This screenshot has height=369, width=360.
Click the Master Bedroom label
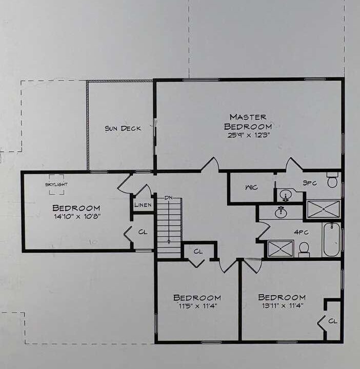(x=248, y=122)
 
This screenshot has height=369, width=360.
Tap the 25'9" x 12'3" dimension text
(x=248, y=135)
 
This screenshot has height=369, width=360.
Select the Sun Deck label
(x=123, y=129)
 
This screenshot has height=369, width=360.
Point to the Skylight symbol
(x=56, y=184)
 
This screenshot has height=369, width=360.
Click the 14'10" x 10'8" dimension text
(x=77, y=216)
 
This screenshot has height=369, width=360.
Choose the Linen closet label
(x=143, y=205)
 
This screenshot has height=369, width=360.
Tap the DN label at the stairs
(x=168, y=198)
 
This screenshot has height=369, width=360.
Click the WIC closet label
(x=252, y=188)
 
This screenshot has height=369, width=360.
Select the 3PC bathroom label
(x=310, y=183)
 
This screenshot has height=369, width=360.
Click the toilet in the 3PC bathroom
(x=332, y=180)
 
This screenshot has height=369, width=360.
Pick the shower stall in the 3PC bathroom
(x=324, y=209)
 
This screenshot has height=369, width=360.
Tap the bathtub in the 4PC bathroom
(x=331, y=239)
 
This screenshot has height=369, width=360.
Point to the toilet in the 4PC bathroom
(x=304, y=250)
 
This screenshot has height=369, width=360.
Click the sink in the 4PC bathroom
(x=281, y=213)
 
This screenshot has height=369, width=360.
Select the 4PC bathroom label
(x=302, y=232)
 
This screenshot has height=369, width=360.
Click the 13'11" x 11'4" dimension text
(x=283, y=305)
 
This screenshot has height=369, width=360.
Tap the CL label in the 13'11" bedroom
(x=333, y=321)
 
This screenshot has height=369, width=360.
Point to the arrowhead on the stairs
(x=169, y=242)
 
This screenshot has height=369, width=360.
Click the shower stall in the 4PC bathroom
(x=281, y=249)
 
